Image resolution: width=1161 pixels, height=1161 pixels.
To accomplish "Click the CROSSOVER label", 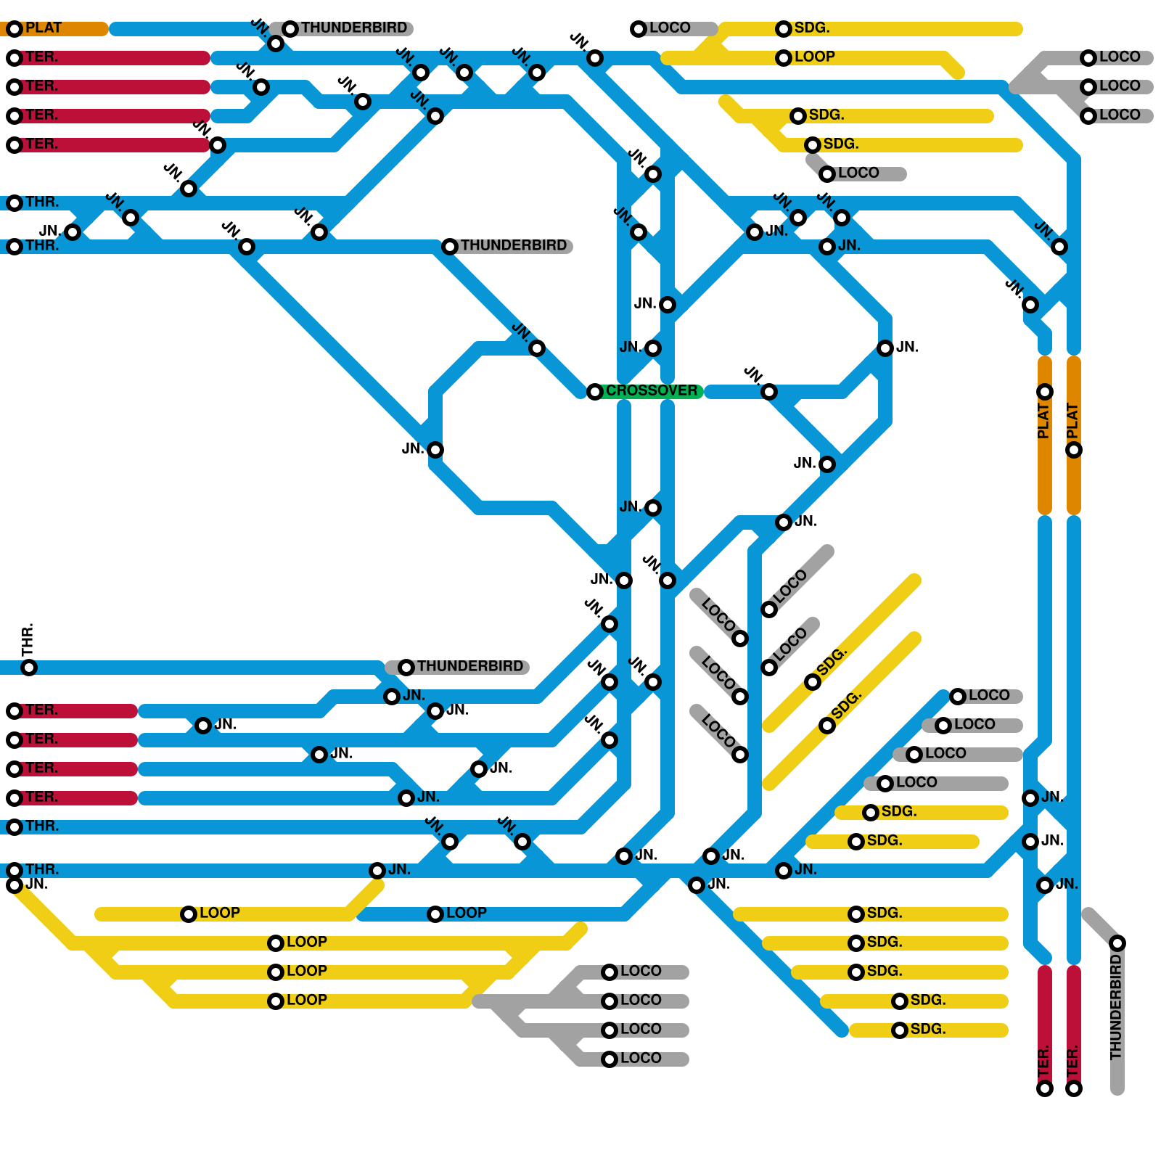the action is click(x=651, y=391).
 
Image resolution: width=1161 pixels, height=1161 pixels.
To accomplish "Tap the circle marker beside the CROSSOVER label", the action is click(x=595, y=392).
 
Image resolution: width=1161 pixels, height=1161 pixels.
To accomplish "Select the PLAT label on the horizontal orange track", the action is click(x=44, y=28).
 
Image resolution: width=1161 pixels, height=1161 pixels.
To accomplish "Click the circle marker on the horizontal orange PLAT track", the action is click(x=15, y=29).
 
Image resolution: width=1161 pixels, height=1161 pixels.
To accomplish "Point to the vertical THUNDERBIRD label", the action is click(x=1116, y=1007).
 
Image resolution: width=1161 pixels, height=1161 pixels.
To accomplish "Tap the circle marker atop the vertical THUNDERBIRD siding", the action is click(x=1117, y=943).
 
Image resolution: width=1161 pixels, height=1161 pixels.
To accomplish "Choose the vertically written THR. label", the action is click(x=28, y=639).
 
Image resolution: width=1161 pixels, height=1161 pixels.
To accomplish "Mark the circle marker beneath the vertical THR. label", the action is click(x=29, y=668).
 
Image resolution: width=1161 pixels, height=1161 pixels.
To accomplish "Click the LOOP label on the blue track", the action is click(x=466, y=913).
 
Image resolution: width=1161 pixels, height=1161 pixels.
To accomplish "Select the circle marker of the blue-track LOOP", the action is click(x=435, y=914).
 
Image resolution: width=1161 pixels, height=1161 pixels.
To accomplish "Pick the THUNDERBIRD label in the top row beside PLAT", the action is click(x=354, y=28).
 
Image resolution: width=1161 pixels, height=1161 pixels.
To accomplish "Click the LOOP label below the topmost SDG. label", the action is click(x=814, y=57).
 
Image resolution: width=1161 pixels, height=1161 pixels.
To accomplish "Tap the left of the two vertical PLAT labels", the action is click(x=1043, y=421).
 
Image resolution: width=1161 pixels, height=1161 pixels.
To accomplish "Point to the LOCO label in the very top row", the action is click(x=669, y=28).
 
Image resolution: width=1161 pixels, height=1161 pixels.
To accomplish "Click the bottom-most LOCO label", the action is click(x=640, y=1058).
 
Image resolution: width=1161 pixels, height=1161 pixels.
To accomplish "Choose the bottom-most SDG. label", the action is click(x=928, y=1029).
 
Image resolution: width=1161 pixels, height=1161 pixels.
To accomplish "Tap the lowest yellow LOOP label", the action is click(x=306, y=1000).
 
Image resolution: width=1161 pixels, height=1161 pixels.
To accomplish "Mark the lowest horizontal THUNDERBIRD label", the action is click(x=469, y=666).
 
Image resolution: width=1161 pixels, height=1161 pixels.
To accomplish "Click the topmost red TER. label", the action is click(x=41, y=57).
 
